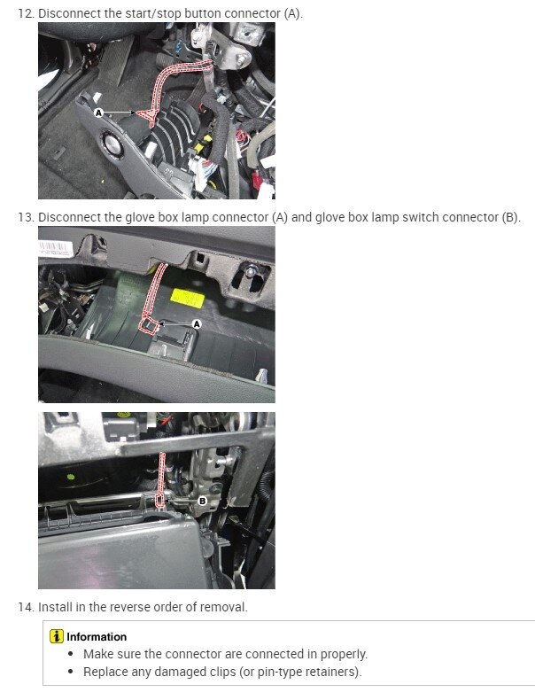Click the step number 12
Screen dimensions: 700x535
(x=26, y=13)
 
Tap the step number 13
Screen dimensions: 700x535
(x=26, y=217)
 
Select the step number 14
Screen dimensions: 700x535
(x=26, y=607)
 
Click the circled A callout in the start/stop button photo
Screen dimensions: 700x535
(x=99, y=113)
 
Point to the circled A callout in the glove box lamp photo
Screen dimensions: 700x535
(x=197, y=325)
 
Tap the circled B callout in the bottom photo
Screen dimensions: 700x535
(x=202, y=501)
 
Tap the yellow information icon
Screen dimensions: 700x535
(x=57, y=636)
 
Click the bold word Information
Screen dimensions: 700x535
(x=97, y=636)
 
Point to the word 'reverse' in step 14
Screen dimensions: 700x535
(x=128, y=607)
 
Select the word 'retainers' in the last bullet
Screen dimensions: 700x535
(x=328, y=671)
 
